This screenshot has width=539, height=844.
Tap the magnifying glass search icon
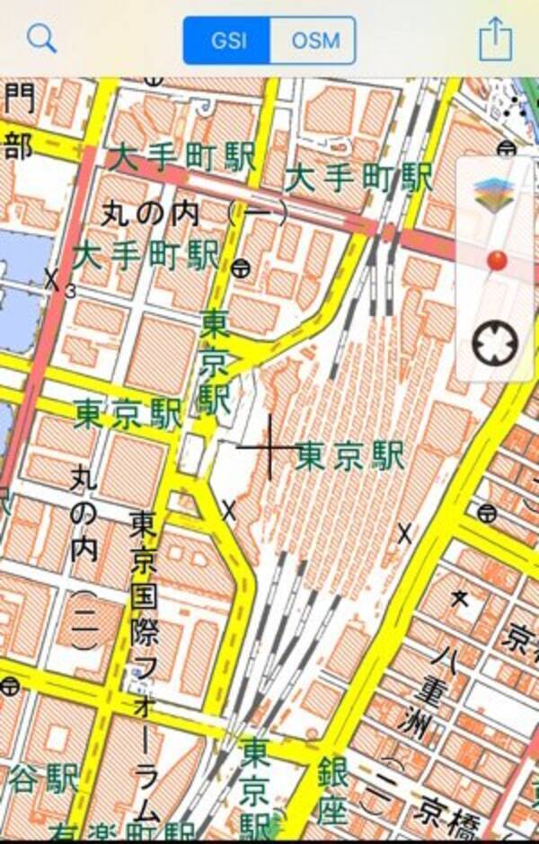click(x=41, y=39)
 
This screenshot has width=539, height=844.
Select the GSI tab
click(x=226, y=40)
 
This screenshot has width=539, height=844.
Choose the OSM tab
click(x=312, y=40)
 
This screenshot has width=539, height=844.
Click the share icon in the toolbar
click(x=495, y=39)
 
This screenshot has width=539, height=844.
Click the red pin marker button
click(x=496, y=261)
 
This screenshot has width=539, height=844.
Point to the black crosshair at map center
click(x=268, y=446)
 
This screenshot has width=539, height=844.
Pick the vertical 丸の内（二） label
click(x=84, y=557)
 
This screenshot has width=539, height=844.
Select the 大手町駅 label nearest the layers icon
click(x=358, y=177)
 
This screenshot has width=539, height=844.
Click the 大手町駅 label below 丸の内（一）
click(x=146, y=255)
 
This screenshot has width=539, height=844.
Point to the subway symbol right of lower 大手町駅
click(x=240, y=267)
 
